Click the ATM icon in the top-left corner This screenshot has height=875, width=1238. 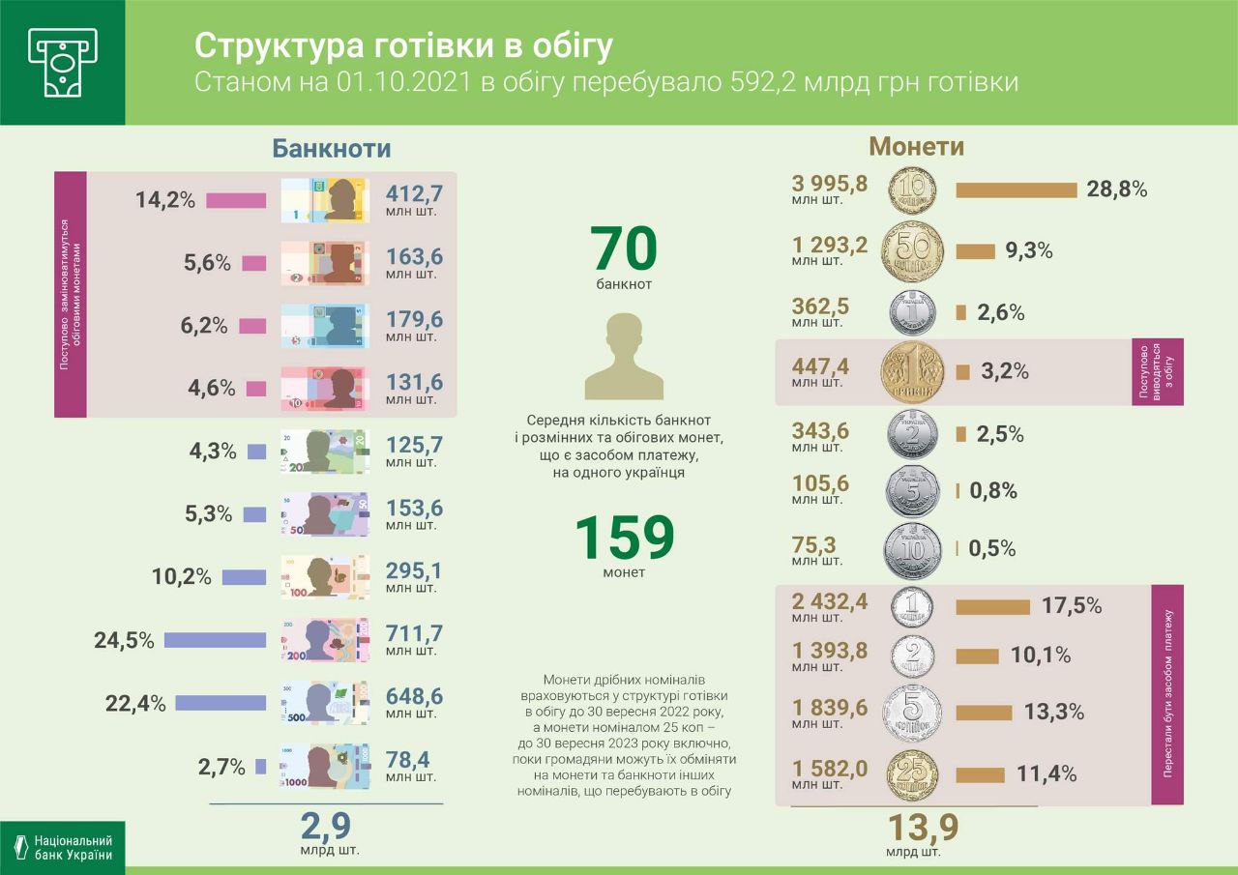click(x=62, y=62)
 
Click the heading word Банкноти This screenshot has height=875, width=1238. click(x=331, y=148)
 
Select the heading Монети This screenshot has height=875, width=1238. click(x=916, y=146)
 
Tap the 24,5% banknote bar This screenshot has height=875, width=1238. click(x=215, y=640)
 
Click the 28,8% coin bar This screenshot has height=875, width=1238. click(x=1016, y=190)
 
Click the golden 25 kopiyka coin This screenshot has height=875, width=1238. click(x=912, y=773)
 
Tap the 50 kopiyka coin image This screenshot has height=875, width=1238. click(x=912, y=251)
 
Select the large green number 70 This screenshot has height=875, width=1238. click(x=624, y=248)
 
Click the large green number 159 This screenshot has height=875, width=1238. click(x=624, y=538)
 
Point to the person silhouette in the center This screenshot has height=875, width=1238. click(x=624, y=358)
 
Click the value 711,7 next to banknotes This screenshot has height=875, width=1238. click(x=414, y=632)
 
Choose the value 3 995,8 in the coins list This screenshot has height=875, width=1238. click(x=830, y=183)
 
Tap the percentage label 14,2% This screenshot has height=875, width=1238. click(x=165, y=200)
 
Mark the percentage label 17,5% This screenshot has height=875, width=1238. click(x=1072, y=606)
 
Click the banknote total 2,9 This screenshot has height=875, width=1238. click(x=325, y=827)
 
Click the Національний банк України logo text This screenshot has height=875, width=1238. click(x=73, y=848)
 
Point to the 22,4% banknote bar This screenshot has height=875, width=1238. click(x=220, y=703)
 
